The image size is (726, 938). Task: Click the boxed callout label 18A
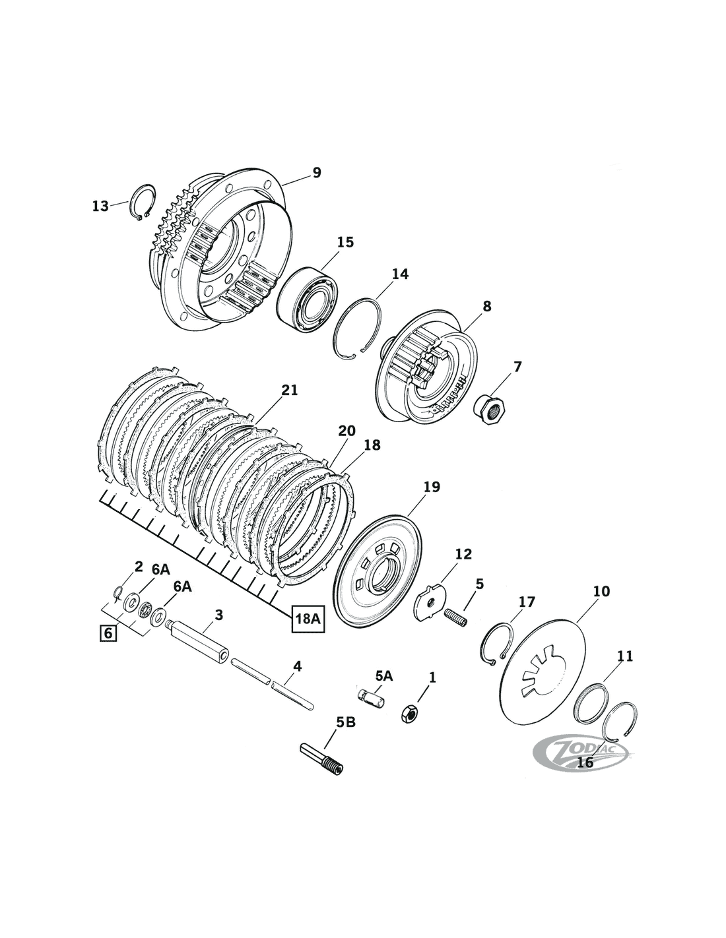tap(309, 618)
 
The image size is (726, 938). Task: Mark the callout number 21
tap(289, 391)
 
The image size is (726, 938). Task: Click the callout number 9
tap(317, 173)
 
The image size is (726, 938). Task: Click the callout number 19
tap(432, 487)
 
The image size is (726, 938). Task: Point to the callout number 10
tap(602, 591)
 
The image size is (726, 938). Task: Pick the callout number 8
tap(486, 306)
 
